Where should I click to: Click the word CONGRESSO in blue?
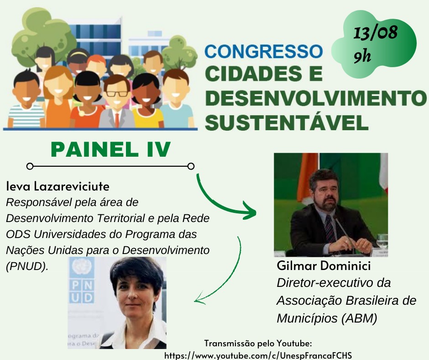click(x=263, y=51)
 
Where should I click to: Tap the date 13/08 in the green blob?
click(x=375, y=32)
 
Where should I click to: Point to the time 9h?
click(x=362, y=56)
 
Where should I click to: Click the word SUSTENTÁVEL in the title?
click(x=287, y=123)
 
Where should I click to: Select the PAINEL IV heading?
click(x=111, y=149)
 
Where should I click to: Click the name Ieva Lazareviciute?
click(x=58, y=186)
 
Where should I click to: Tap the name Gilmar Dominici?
click(x=324, y=266)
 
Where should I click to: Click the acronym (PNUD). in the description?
click(x=27, y=266)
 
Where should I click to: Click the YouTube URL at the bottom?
click(x=258, y=355)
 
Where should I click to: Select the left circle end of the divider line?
click(x=30, y=166)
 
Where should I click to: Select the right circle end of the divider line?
click(x=191, y=166)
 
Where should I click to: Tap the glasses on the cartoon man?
click(x=117, y=93)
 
